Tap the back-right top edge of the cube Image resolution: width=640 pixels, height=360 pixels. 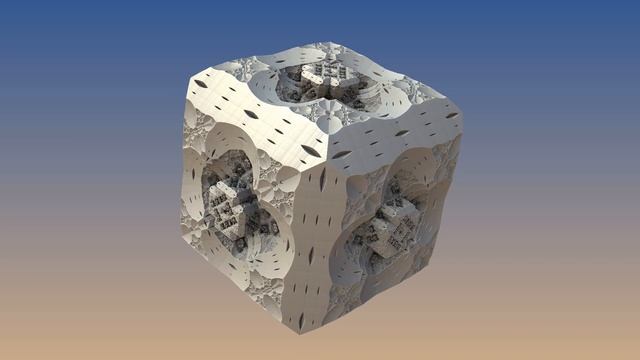[395, 76]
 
